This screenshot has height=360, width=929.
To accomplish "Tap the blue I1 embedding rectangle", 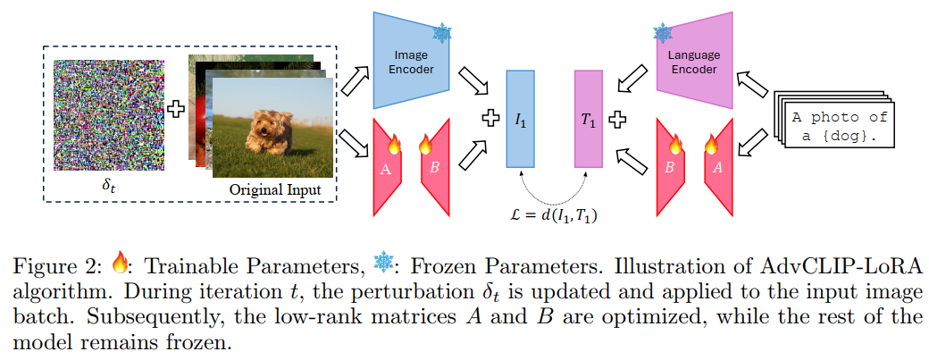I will point(520,118).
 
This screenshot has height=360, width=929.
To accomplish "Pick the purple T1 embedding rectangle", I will point(589,119).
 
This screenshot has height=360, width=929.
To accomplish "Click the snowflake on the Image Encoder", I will point(441,34).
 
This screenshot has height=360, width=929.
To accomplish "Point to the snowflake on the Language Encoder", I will point(663,34).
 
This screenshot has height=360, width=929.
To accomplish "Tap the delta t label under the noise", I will point(107,188).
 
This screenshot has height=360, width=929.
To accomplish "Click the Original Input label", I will point(275,189).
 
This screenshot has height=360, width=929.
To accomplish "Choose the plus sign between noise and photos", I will point(175,110).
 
